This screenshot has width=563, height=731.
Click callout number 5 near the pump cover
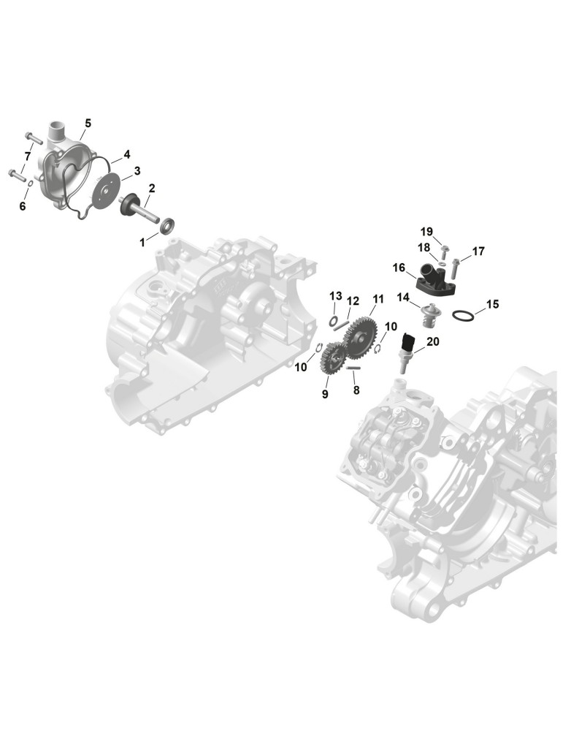pos(88,124)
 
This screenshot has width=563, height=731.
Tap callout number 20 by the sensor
pos(432,341)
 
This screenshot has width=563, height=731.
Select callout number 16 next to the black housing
pos(399,268)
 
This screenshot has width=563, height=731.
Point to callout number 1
pos(142,243)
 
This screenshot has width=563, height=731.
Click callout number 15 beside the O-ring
pos(492,304)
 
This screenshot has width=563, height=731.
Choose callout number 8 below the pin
pos(356,390)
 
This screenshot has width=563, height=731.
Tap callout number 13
pos(336,296)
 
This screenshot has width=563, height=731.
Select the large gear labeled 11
pos(361,336)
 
